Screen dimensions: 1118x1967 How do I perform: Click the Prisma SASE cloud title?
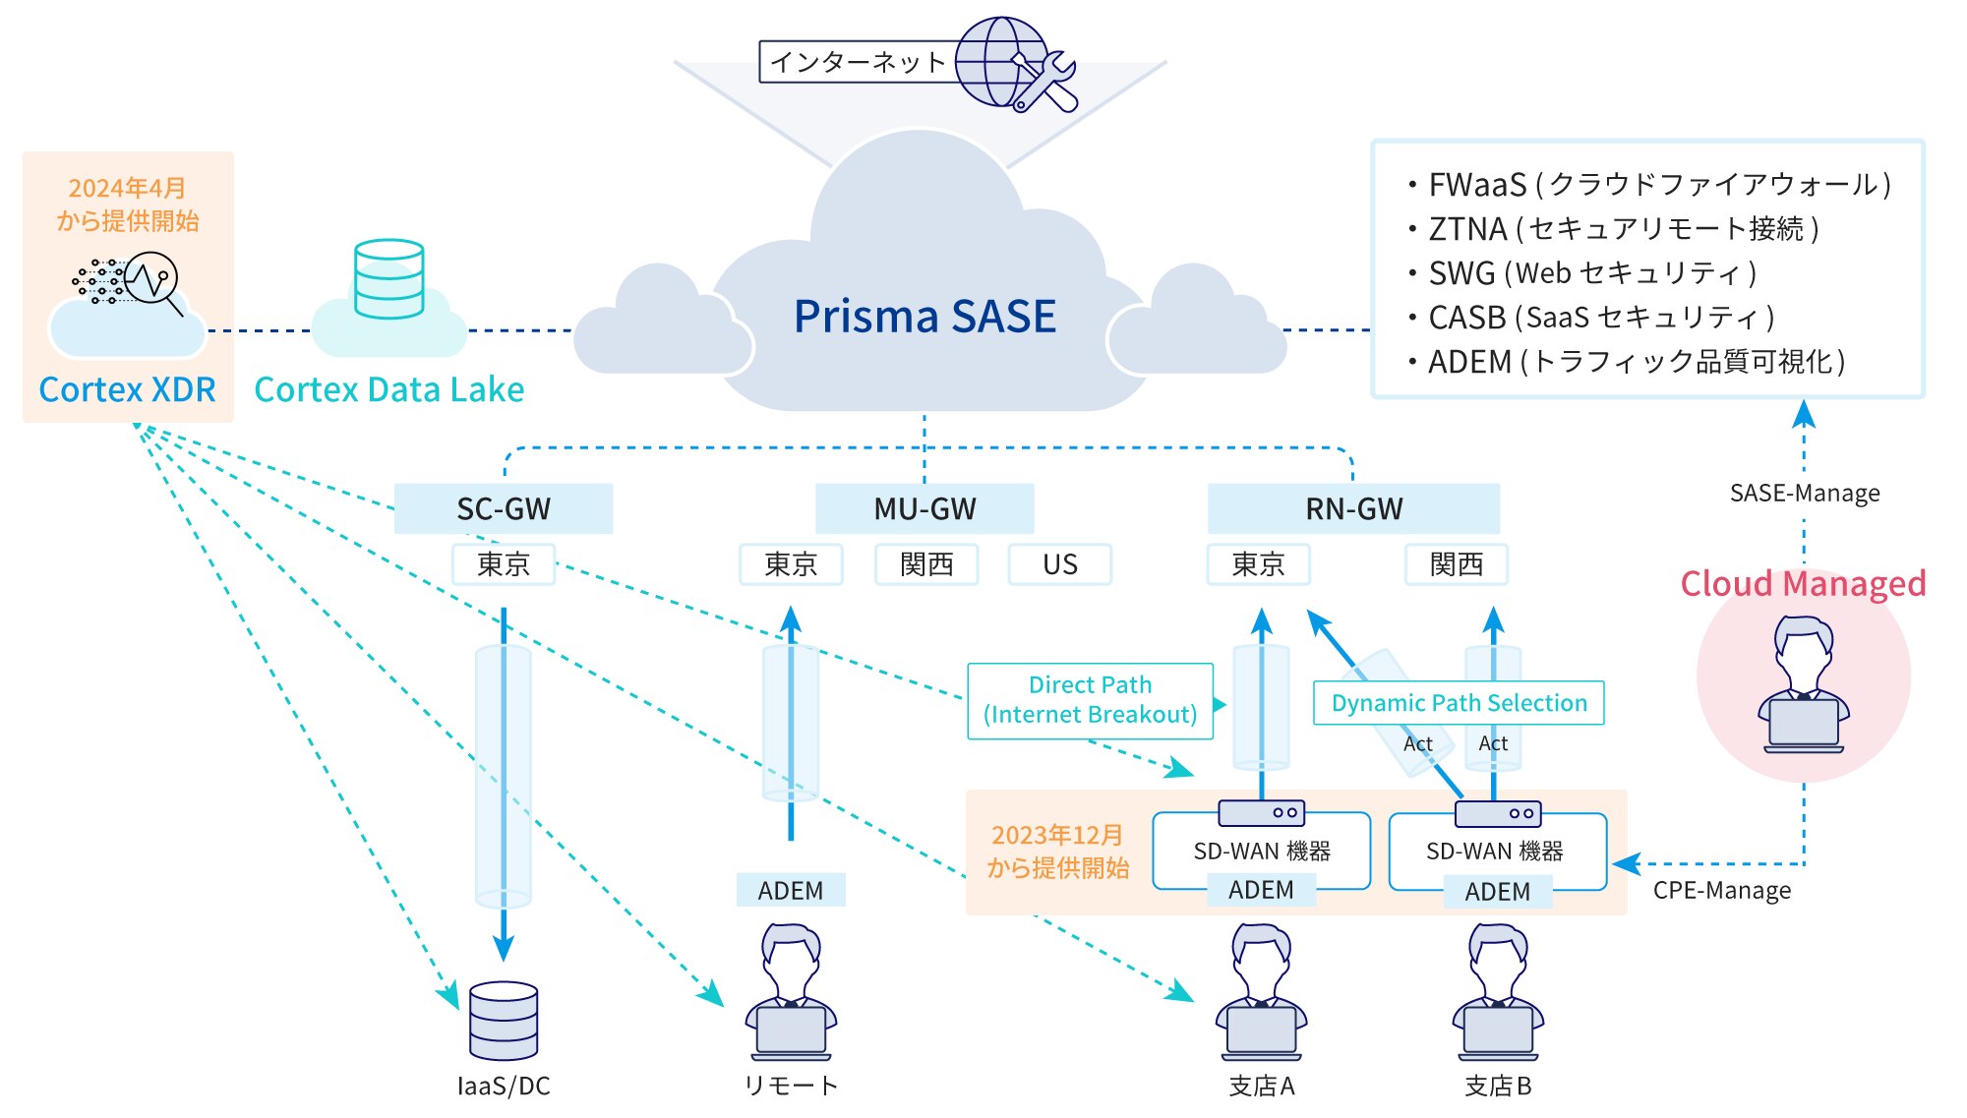click(x=924, y=317)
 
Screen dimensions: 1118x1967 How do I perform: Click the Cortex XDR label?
click(x=127, y=389)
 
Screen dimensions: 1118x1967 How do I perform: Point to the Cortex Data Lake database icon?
click(x=389, y=279)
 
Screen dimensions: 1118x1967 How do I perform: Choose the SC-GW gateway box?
click(x=504, y=508)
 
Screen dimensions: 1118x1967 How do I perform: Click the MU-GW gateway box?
click(x=924, y=508)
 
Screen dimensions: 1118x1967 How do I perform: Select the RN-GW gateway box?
click(x=1353, y=508)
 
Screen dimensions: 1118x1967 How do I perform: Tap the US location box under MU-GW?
click(x=1060, y=564)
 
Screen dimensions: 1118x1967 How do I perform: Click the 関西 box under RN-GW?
click(x=1457, y=564)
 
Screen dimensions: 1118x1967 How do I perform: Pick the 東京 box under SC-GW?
click(x=504, y=564)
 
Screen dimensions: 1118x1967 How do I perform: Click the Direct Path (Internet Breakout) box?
click(x=1090, y=700)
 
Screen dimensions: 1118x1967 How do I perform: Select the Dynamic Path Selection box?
click(x=1459, y=703)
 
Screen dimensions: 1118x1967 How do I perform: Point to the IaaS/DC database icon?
click(x=504, y=1021)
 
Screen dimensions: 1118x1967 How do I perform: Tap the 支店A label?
click(x=1262, y=1086)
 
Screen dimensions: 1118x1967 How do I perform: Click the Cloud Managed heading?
click(x=1803, y=584)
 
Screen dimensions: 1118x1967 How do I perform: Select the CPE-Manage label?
click(x=1721, y=890)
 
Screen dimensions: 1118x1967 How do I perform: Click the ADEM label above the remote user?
click(x=791, y=890)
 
